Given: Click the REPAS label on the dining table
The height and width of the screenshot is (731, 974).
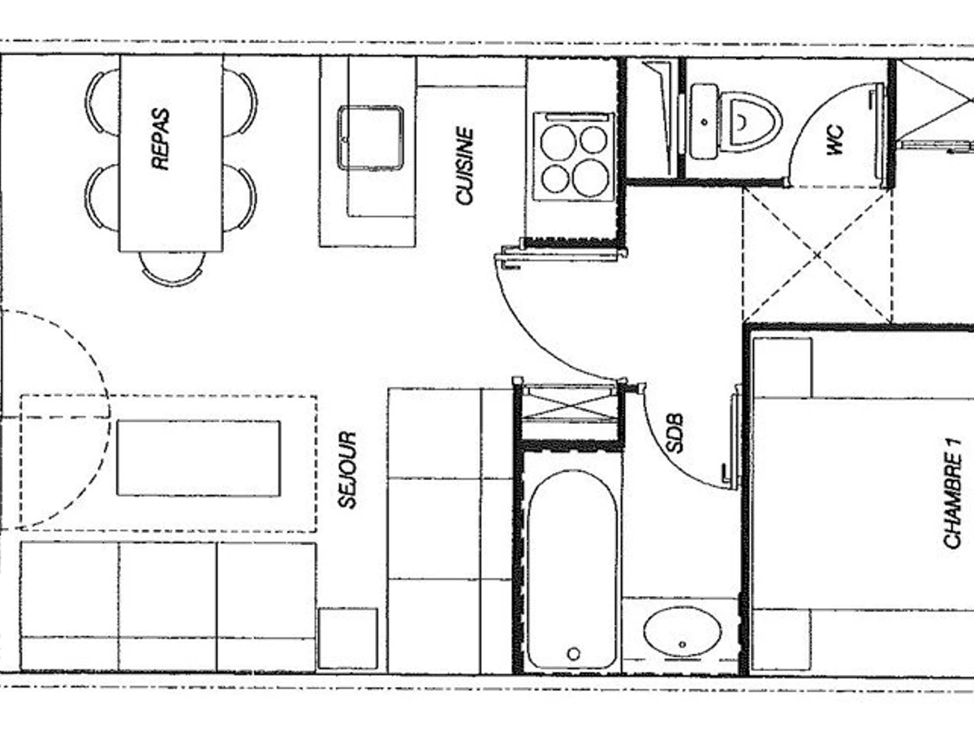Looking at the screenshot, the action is pos(161,139).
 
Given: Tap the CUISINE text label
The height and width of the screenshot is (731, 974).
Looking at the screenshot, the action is pos(465,166).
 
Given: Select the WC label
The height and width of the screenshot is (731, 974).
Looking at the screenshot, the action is pos(835,141).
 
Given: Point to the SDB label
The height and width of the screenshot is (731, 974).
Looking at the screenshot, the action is pos(674,433).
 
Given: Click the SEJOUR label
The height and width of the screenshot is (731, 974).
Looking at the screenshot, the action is pos(347,469).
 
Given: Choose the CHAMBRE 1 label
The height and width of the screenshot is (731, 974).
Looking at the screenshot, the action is pos(953,494).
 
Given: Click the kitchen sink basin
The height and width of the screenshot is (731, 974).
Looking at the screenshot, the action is pos(370,138).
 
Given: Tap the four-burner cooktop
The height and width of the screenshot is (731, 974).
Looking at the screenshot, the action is pos(574,157).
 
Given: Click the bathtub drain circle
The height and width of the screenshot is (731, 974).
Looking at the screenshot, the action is pos(574,654).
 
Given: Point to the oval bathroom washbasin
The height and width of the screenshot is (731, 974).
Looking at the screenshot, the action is pos(683,632).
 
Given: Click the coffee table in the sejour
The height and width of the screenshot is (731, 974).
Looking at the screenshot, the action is pos(199,458).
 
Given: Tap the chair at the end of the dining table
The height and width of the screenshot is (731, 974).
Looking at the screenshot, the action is pos(172,269).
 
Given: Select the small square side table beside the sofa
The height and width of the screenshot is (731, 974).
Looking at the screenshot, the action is pos(348,638).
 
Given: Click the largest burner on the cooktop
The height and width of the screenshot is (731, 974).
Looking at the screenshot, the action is pos(590,178).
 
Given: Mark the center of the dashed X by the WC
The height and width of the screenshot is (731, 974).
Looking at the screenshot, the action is pos(817,255).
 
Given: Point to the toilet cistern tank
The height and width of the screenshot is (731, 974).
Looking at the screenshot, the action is pos(704,122).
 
